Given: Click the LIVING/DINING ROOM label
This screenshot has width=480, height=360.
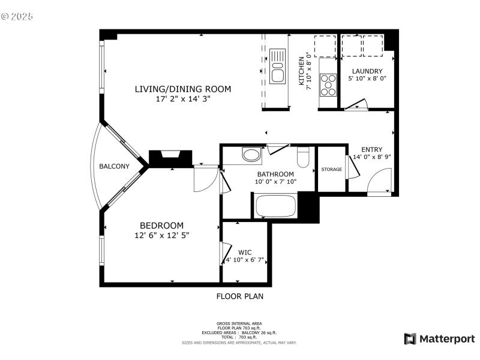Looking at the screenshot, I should pyautogui.click(x=182, y=89).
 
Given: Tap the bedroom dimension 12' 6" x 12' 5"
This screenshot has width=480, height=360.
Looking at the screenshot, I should pyautogui.click(x=162, y=236).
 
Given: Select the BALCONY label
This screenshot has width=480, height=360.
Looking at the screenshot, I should pyautogui.click(x=114, y=167).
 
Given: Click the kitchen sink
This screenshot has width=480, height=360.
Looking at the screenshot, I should pyautogui.click(x=277, y=66).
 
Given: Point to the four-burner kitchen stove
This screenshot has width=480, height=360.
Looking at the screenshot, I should pyautogui.click(x=328, y=85).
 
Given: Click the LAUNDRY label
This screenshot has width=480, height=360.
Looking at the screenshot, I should pyautogui.click(x=367, y=71).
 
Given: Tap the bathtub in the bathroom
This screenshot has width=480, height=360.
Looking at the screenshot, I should pyautogui.click(x=276, y=206).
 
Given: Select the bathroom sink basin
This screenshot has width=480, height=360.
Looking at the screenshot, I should pyautogui.click(x=252, y=155).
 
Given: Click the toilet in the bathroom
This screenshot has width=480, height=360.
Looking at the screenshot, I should pyautogui.click(x=302, y=157).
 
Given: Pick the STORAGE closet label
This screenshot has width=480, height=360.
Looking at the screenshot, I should pyautogui.click(x=331, y=169).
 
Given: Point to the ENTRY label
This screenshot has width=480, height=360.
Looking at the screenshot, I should pyautogui.click(x=371, y=150).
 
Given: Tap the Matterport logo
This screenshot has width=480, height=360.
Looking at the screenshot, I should pyautogui.click(x=440, y=339).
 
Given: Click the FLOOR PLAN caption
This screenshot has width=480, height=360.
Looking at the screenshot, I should pyautogui.click(x=239, y=296).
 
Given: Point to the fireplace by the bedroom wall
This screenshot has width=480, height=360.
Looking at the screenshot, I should pyautogui.click(x=170, y=158).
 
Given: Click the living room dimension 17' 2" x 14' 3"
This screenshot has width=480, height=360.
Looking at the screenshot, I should pyautogui.click(x=182, y=99).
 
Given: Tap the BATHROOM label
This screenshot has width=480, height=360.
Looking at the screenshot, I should pyautogui.click(x=275, y=174).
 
